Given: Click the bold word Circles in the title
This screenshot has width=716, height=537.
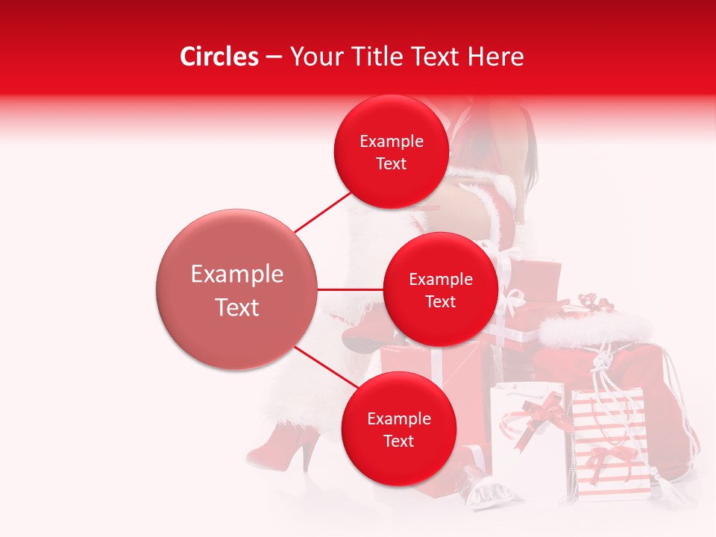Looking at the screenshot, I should tap(219, 57).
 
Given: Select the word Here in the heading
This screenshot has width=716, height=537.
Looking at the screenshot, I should tap(496, 57).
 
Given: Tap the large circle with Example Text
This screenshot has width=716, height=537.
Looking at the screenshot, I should tap(236, 289).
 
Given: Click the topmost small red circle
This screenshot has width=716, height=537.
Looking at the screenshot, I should tap(391, 151).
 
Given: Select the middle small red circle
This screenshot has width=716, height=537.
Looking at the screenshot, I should tap(440, 289).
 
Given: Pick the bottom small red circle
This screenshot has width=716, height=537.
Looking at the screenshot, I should tap(398, 429).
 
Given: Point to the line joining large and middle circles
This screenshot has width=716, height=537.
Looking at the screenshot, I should tap(350, 289).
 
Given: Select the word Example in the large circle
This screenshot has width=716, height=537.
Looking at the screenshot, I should tap(236, 274).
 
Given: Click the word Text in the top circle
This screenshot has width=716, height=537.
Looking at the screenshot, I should tap(391, 163).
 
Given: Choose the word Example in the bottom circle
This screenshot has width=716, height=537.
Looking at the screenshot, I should tap(398, 418).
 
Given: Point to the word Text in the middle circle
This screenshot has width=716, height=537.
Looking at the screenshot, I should tap(440, 301).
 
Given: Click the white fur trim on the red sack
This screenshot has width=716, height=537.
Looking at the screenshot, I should tap(597, 328).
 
